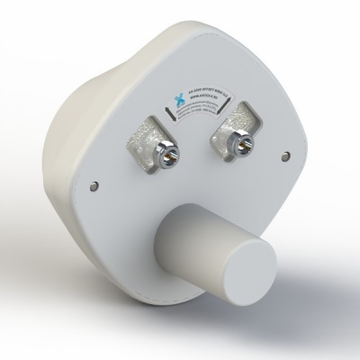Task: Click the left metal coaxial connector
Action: coord(167,156)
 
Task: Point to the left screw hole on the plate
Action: coord(95,186)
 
